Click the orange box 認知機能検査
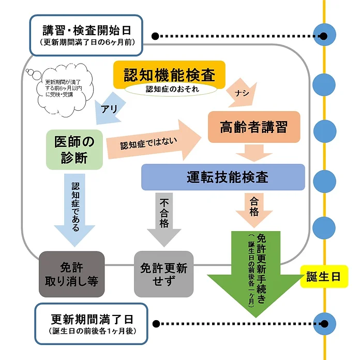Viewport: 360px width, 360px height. (x=169, y=73)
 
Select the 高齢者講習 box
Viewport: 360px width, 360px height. (x=253, y=127)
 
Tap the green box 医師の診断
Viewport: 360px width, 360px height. (x=74, y=149)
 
